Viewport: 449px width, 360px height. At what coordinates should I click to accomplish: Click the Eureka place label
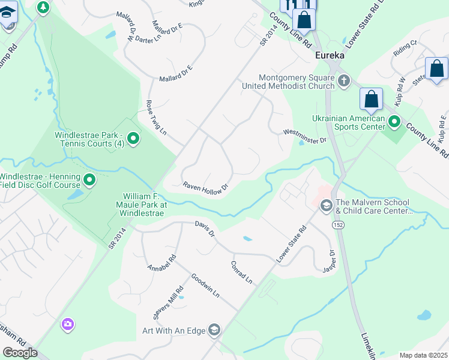[330, 55]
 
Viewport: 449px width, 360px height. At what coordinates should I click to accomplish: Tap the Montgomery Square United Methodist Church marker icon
[344, 80]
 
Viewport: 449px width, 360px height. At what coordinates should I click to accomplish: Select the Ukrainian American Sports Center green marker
[394, 122]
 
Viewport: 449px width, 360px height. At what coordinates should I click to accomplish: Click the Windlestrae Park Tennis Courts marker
[134, 139]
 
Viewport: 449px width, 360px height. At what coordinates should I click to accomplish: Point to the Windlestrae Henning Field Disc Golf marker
[89, 179]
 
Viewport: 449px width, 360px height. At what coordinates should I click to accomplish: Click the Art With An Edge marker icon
[214, 329]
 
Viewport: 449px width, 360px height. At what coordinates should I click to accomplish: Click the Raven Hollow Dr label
[206, 187]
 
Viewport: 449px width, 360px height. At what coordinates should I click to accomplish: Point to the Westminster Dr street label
[304, 136]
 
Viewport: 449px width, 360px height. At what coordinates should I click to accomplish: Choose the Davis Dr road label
[205, 228]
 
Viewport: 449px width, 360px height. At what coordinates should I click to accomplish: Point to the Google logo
[20, 353]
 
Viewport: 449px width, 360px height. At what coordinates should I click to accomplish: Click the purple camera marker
[68, 325]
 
